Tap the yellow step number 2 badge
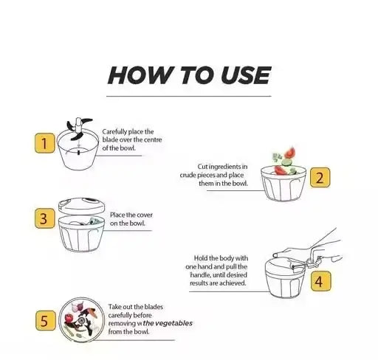coord(319,178)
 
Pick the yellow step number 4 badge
coord(318,280)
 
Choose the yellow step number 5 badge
coord(46,320)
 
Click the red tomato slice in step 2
coord(289,153)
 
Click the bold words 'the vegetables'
coord(168,322)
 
